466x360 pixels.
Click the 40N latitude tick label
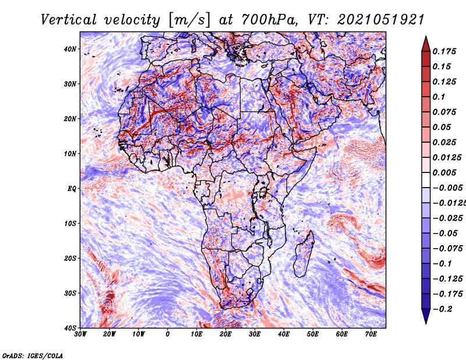(x=70, y=49)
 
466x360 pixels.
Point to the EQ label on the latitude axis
(x=72, y=189)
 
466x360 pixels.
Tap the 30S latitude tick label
(x=70, y=294)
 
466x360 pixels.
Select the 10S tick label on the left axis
(x=70, y=224)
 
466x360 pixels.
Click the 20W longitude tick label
(x=110, y=334)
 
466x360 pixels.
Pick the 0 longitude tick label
(x=168, y=334)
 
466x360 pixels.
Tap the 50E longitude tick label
(x=313, y=334)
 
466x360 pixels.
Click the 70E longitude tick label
(x=370, y=334)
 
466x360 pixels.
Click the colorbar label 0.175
(x=444, y=51)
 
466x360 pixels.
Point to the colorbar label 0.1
(x=439, y=97)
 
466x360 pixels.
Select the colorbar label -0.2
(x=443, y=309)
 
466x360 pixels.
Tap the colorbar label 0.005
(x=444, y=172)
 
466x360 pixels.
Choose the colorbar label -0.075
(x=447, y=249)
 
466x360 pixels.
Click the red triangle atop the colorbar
(x=426, y=45)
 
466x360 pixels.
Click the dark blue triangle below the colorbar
(x=426, y=316)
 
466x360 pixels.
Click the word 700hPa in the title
(x=269, y=20)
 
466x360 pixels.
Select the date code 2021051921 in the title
(x=381, y=20)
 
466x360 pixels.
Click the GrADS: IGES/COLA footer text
(x=33, y=356)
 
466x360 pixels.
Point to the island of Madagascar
(x=303, y=255)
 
